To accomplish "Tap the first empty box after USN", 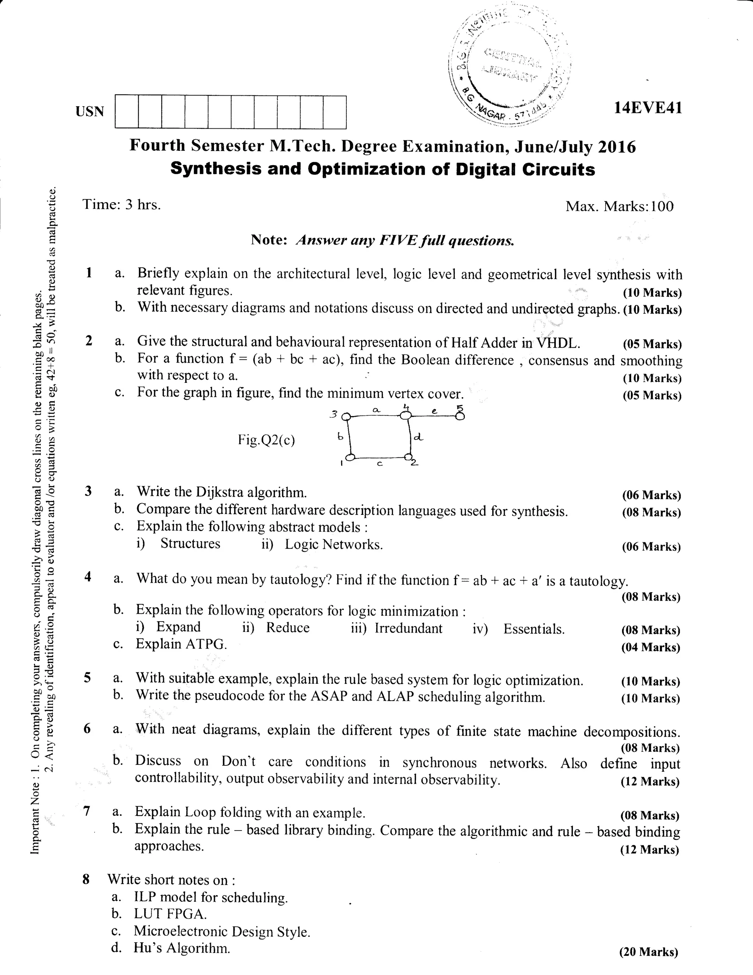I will point(126,111).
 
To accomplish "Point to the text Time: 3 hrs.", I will point(121,204).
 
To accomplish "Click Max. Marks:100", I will point(619,206).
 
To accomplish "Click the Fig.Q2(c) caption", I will point(267,440).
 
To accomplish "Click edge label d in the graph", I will point(418,438).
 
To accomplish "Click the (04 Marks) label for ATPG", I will point(650,647).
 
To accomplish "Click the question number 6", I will point(88,728).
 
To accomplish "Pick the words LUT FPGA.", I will point(170,914).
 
